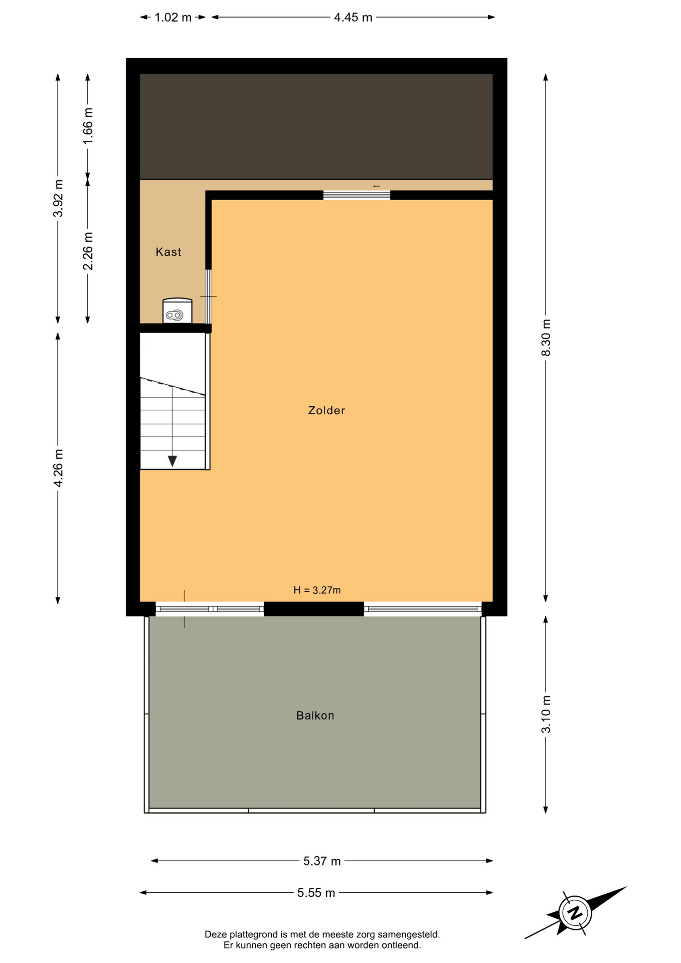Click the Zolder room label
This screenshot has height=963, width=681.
pyautogui.click(x=326, y=410)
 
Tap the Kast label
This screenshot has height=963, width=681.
pyautogui.click(x=168, y=252)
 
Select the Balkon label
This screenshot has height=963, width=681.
pyautogui.click(x=315, y=715)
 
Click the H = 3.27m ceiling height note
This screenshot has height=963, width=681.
pyautogui.click(x=317, y=590)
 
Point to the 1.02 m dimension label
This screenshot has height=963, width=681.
pyautogui.click(x=173, y=18)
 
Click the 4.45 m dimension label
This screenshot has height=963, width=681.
pyautogui.click(x=353, y=18)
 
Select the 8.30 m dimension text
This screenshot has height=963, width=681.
pyautogui.click(x=546, y=338)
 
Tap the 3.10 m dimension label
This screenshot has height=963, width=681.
pyautogui.click(x=546, y=714)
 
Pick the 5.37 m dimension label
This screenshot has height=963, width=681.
pyautogui.click(x=322, y=861)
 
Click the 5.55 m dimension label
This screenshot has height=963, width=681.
pyautogui.click(x=316, y=893)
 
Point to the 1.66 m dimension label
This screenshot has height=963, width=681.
pyautogui.click(x=88, y=126)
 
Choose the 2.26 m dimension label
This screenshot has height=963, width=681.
pyautogui.click(x=88, y=251)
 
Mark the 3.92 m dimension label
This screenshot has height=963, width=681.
pyautogui.click(x=58, y=198)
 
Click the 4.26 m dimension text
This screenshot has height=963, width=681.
pyautogui.click(x=58, y=468)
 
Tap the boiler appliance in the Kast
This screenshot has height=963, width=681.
pyautogui.click(x=177, y=311)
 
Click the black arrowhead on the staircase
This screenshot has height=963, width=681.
pyautogui.click(x=172, y=461)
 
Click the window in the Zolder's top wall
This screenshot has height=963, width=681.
pyautogui.click(x=357, y=195)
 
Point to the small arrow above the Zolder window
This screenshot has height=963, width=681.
pyautogui.click(x=377, y=186)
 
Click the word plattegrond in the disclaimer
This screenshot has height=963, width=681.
pyautogui.click(x=253, y=934)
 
